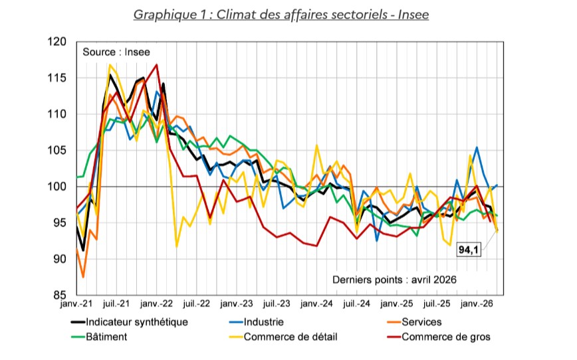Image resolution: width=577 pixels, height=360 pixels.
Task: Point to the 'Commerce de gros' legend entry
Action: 445,337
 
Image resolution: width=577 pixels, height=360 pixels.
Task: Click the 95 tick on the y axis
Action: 61,223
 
